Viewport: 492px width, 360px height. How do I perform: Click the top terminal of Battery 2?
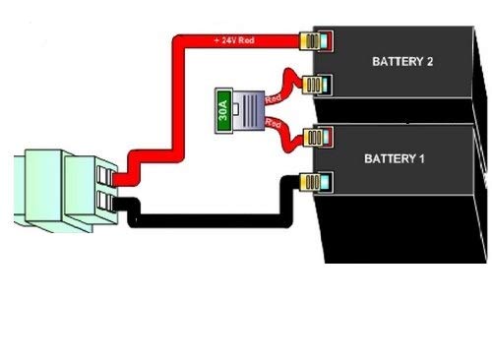(316, 41)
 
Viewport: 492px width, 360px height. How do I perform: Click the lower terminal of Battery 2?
(316, 85)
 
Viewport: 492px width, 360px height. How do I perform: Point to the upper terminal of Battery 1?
(316, 138)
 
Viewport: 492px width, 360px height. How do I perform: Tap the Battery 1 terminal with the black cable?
(316, 181)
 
